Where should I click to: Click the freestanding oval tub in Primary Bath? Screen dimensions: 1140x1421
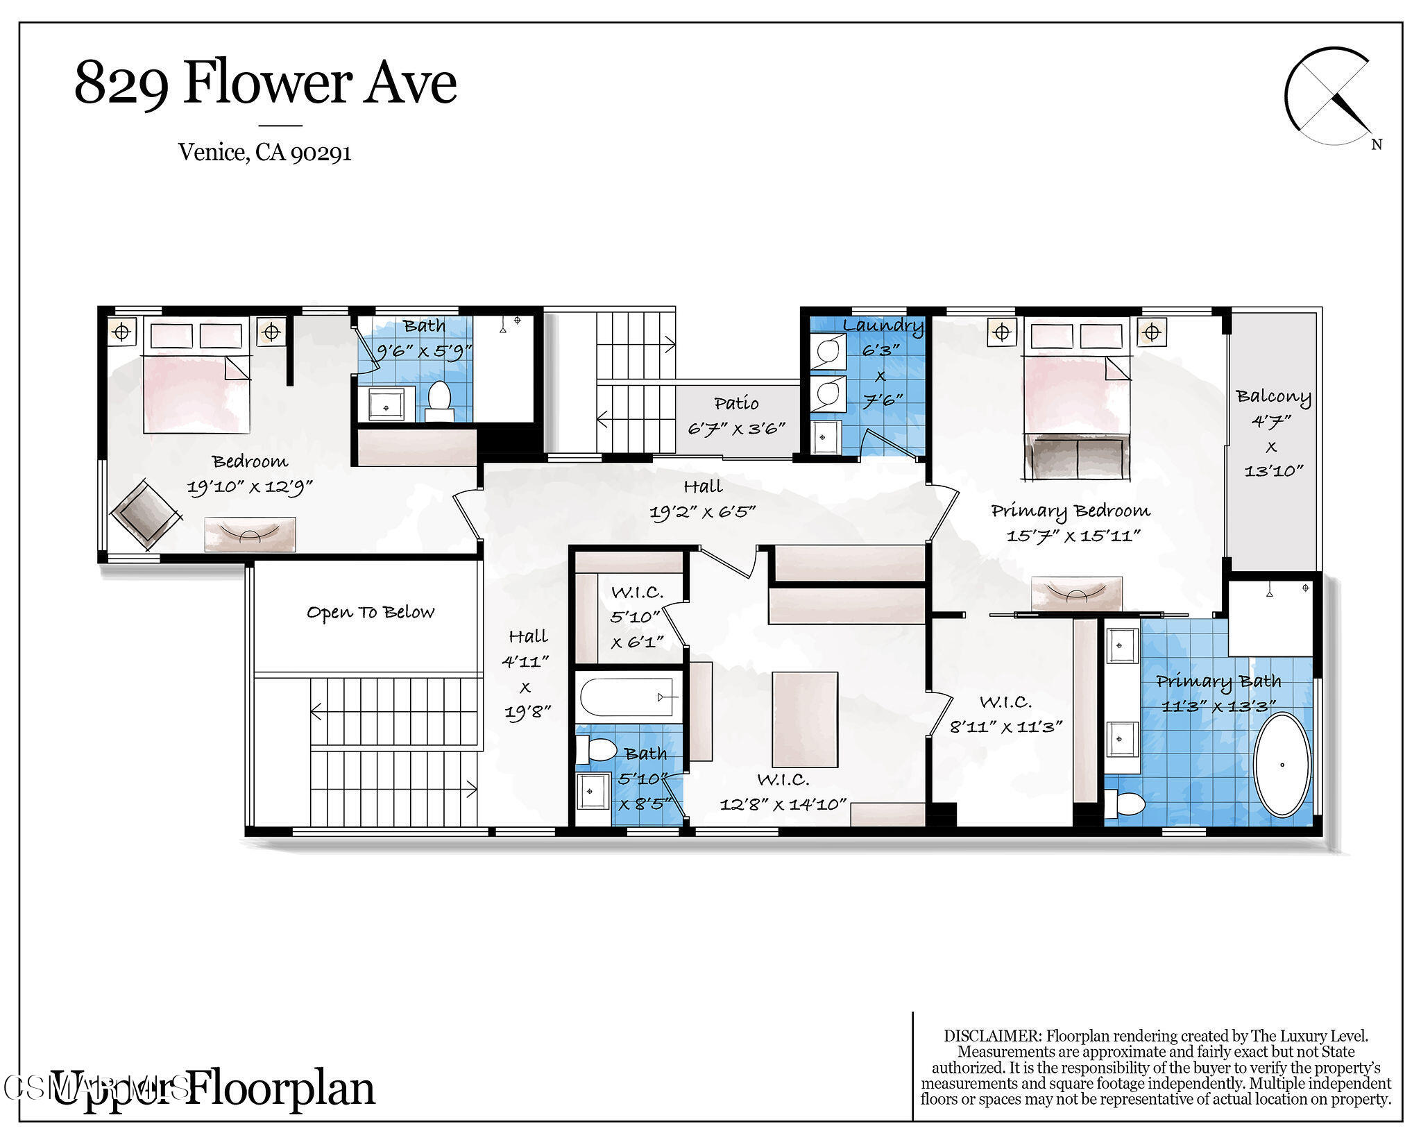click(x=1282, y=765)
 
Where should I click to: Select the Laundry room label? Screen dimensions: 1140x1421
click(x=883, y=325)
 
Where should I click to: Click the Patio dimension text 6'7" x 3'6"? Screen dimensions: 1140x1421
click(x=736, y=428)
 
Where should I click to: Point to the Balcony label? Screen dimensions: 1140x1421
click(x=1273, y=397)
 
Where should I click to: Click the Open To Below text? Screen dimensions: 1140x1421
click(x=371, y=612)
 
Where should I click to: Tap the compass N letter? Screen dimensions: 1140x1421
click(x=1377, y=144)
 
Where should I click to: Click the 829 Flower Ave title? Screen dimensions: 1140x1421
click(x=265, y=83)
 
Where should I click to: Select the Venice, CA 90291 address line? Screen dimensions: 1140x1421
click(x=265, y=152)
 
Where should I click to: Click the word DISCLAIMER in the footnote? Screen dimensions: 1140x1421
click(x=992, y=1036)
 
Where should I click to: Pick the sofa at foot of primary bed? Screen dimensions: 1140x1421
click(x=1076, y=458)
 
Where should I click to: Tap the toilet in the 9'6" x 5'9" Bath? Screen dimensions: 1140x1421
click(x=439, y=399)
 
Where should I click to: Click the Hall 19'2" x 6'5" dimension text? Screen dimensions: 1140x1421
click(x=702, y=512)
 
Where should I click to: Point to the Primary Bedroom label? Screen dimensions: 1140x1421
click(x=1070, y=511)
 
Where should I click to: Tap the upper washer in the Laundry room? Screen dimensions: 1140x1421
click(x=828, y=352)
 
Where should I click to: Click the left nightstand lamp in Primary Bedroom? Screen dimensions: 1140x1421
click(x=1001, y=332)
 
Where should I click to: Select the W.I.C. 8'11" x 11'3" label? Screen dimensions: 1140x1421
click(x=1005, y=715)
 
